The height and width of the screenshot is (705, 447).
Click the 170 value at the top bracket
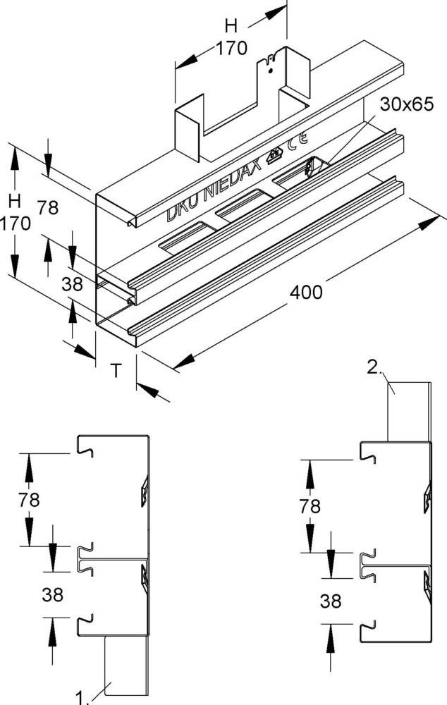click(231, 49)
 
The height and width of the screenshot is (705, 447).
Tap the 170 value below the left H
click(15, 223)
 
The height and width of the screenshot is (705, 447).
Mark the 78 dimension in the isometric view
click(48, 208)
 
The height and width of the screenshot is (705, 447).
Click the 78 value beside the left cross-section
click(28, 500)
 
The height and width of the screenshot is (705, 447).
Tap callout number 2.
click(374, 367)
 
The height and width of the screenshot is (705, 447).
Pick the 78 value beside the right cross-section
click(309, 506)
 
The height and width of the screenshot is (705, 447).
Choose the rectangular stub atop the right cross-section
click(408, 412)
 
